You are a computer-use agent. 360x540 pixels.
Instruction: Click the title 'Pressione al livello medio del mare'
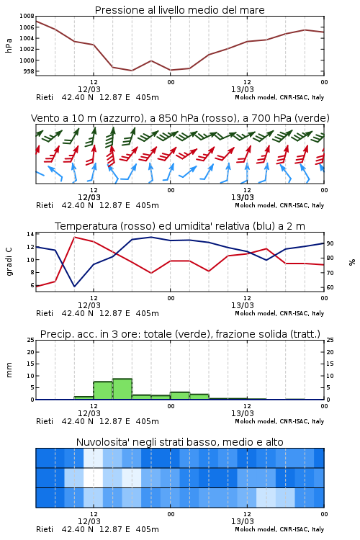[x=179, y=10]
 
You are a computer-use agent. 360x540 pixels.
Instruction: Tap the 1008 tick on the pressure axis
[x=27, y=16]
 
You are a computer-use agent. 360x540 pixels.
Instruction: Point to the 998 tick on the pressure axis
[x=28, y=71]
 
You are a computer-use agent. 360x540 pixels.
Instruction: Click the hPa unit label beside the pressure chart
[x=9, y=45]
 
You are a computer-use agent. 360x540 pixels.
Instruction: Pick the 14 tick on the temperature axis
[x=30, y=234]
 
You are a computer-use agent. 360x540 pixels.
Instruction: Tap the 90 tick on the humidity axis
[x=330, y=243]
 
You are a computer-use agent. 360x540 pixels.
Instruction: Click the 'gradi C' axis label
[x=9, y=261]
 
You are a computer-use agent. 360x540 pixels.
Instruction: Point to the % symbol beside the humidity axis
[x=352, y=262]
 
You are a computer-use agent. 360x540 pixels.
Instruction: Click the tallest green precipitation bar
[x=122, y=389]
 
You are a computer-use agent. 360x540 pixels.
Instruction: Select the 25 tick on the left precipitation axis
[x=30, y=340]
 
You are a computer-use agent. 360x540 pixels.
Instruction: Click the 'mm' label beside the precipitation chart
[x=9, y=370]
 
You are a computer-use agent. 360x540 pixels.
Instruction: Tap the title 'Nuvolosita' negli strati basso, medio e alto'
[x=179, y=442]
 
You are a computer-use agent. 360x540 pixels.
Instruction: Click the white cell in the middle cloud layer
[x=94, y=477]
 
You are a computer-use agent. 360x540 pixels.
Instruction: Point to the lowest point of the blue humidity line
[x=74, y=286]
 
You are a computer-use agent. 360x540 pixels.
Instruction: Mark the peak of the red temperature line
[x=74, y=238]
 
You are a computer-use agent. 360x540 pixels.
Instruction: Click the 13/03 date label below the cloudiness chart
[x=243, y=521]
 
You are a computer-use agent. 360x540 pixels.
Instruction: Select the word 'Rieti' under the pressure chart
[x=45, y=97]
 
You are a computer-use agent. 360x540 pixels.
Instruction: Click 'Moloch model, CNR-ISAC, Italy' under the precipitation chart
[x=279, y=421]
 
